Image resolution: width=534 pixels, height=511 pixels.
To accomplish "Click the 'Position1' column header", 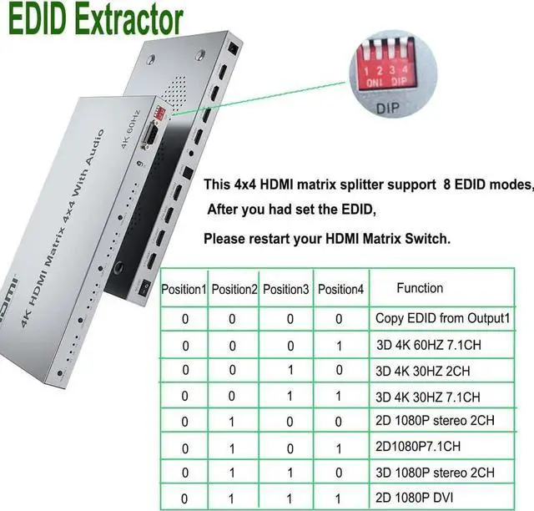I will coord(184,289).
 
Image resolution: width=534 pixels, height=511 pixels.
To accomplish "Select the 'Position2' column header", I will coord(234,289).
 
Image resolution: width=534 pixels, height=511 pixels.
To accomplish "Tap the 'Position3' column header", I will coord(286,289).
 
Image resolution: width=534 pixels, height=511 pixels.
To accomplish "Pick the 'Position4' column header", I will coord(341,289).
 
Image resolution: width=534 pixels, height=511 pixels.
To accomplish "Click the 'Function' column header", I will coord(420,288).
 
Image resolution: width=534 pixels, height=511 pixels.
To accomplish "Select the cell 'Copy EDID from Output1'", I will coord(443,318).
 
